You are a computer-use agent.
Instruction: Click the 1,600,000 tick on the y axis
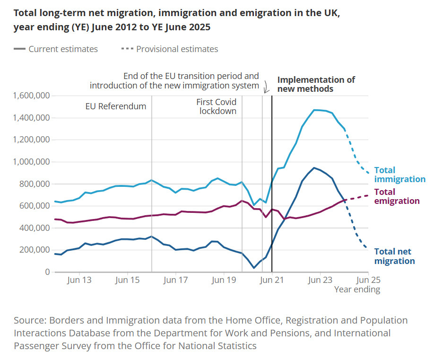coord(32,96)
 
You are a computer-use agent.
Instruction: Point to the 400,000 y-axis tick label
coord(32,228)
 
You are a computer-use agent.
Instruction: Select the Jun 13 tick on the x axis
coord(79,280)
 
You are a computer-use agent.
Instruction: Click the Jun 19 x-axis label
coord(224,280)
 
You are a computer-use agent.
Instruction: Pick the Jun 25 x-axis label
coord(369,280)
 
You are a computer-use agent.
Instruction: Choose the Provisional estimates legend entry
coord(177,49)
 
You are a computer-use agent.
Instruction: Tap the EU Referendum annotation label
coord(116,106)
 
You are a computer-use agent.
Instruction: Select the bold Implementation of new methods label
coord(316,84)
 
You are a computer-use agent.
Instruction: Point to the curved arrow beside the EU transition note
coord(266,87)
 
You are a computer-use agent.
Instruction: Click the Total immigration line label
coord(399,175)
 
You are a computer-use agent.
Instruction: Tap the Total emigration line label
coord(397,196)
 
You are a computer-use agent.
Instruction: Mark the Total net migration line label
coord(394,256)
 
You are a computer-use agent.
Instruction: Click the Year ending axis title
coord(357,289)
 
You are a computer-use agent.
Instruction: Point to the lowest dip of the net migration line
coord(254,268)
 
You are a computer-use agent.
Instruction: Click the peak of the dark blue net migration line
coord(314,167)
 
